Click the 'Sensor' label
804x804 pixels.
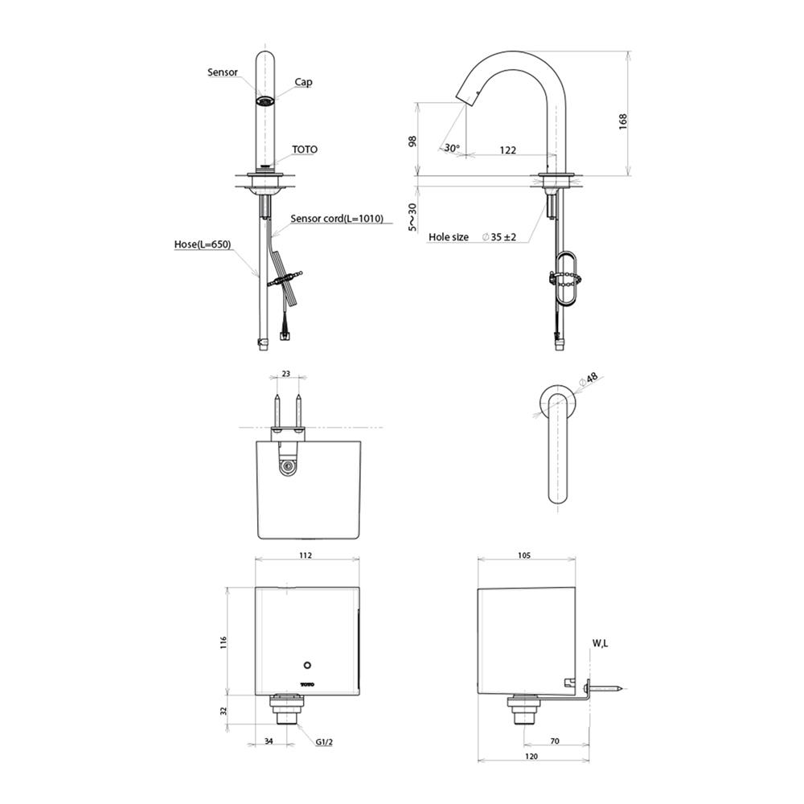coord(223,72)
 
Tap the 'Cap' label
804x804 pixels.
coord(304,82)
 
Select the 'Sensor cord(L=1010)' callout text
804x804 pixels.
coord(337,219)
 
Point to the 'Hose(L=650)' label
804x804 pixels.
coord(203,244)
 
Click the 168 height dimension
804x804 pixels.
coord(623,121)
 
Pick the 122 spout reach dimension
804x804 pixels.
coord(507,150)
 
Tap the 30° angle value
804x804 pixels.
coord(452,148)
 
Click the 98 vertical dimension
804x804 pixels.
coord(412,141)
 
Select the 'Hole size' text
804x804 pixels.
coord(449,237)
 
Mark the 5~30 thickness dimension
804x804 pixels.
coord(412,216)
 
